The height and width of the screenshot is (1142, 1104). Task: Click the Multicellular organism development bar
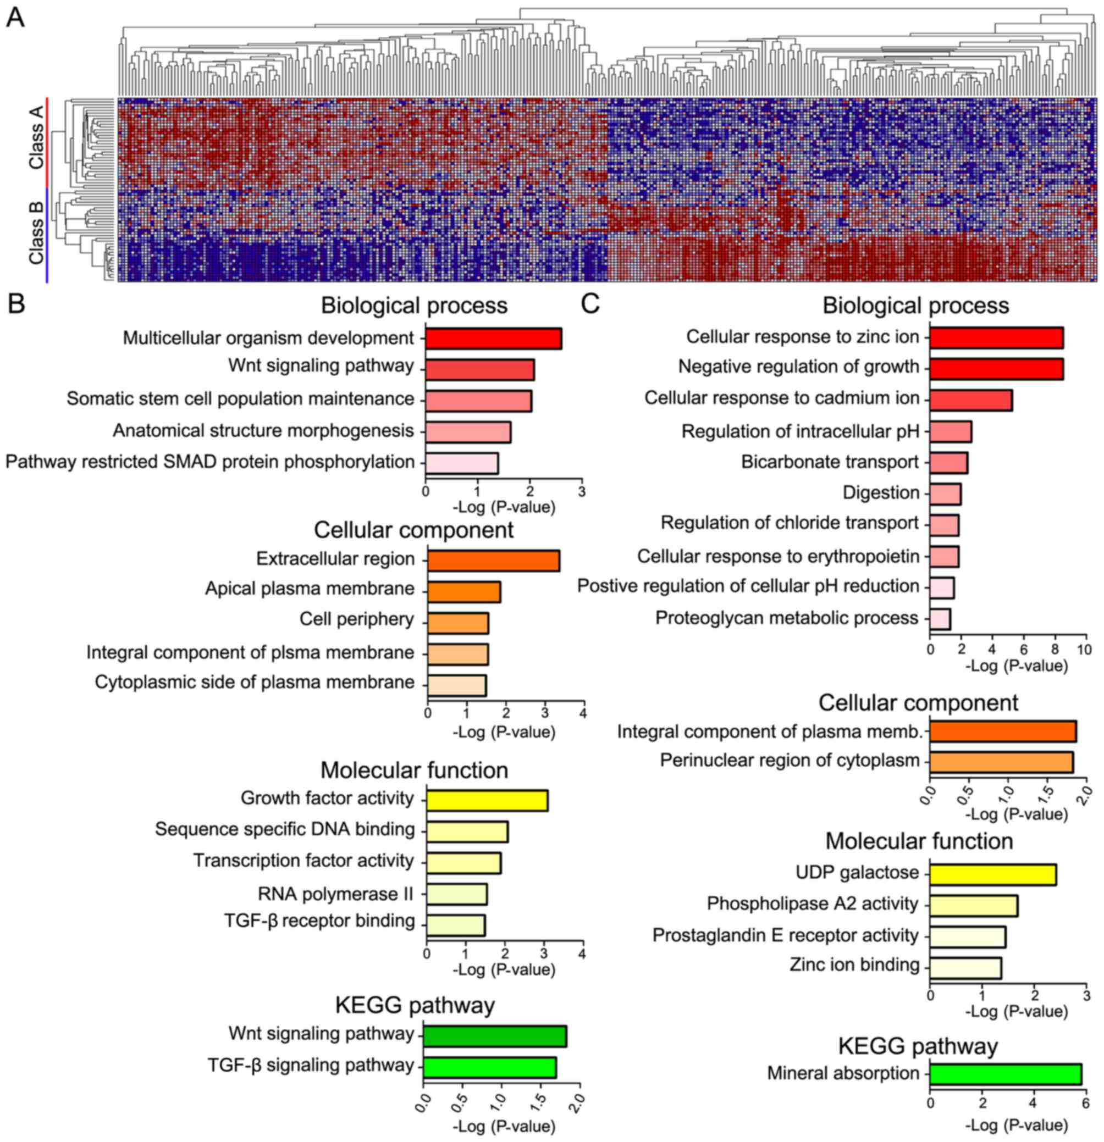pyautogui.click(x=493, y=339)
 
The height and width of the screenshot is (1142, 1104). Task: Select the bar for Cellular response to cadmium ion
pyautogui.click(x=970, y=400)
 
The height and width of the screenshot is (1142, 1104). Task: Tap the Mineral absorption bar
pyautogui.click(x=1006, y=1074)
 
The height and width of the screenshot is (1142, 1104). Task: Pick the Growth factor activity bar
pyautogui.click(x=487, y=800)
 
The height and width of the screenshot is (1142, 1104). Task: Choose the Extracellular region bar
pyautogui.click(x=494, y=561)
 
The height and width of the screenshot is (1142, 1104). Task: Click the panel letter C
pyautogui.click(x=590, y=303)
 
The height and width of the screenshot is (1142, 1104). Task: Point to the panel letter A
pyautogui.click(x=15, y=18)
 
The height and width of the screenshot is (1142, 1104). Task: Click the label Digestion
pyautogui.click(x=881, y=493)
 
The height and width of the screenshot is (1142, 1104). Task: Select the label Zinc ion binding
pyautogui.click(x=854, y=965)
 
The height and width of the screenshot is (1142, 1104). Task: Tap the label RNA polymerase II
pyautogui.click(x=335, y=893)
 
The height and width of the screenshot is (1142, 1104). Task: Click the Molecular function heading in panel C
pyautogui.click(x=919, y=841)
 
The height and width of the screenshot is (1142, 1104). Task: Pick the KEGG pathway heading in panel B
pyautogui.click(x=415, y=1005)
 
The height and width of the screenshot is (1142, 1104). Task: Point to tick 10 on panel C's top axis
pyautogui.click(x=1085, y=649)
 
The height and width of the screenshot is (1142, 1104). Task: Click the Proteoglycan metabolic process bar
pyautogui.click(x=940, y=619)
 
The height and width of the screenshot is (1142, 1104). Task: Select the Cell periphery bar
pyautogui.click(x=457, y=623)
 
